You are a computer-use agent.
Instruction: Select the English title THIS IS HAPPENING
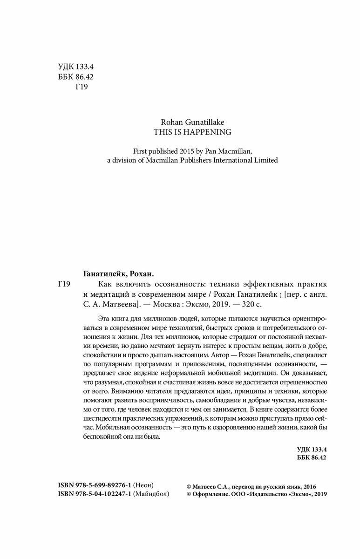(192, 132)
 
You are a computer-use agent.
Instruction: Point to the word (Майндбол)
(151, 494)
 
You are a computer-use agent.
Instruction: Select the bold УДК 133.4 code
(312, 449)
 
